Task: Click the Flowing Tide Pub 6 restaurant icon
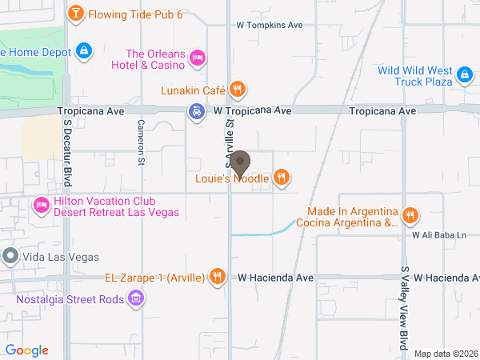(x=75, y=13)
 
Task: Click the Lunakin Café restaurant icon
(x=236, y=90)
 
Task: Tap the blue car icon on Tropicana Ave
(x=196, y=111)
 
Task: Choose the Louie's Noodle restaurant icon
(x=281, y=177)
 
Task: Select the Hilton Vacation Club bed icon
(x=42, y=206)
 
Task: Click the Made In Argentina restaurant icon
(x=410, y=214)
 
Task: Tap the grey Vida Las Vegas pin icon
(x=10, y=256)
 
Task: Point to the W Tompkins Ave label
(x=270, y=25)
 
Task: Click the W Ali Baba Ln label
(x=438, y=235)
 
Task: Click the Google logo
(x=26, y=350)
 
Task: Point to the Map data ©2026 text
(x=444, y=354)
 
